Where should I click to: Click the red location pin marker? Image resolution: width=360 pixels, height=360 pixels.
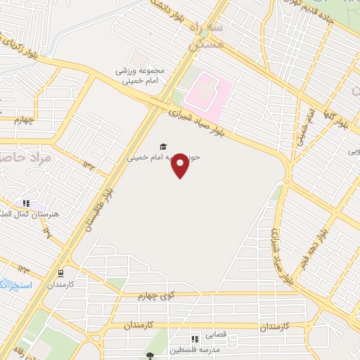pyautogui.click(x=181, y=165)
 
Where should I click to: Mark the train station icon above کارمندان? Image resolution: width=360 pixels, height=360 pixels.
pyautogui.click(x=61, y=274)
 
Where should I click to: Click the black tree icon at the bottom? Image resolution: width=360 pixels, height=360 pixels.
pyautogui.click(x=149, y=355)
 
